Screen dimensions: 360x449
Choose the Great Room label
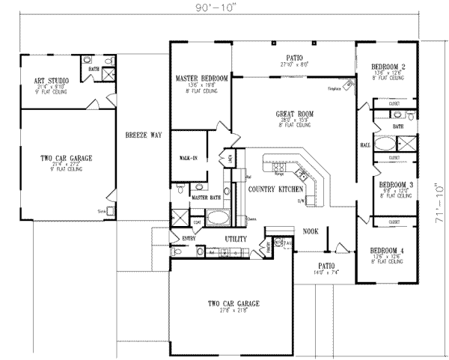293,114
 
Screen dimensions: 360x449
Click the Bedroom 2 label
388,67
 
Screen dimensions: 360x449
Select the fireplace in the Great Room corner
349,82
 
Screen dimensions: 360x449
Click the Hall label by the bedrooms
365,145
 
